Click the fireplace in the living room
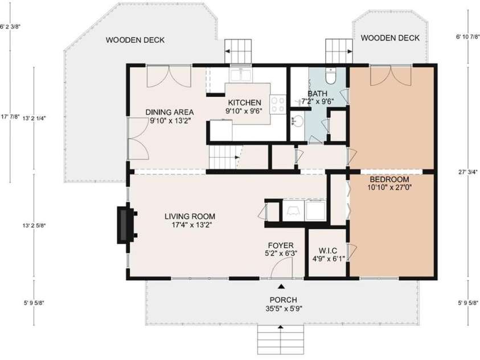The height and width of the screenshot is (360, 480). coord(124,225)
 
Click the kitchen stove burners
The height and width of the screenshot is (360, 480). coord(277,104)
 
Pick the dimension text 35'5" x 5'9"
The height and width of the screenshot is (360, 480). coord(280,308)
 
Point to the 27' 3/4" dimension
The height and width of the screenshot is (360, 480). coord(466,173)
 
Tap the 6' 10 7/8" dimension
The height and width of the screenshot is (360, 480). coord(467,37)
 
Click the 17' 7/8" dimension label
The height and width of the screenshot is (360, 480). coord(10,116)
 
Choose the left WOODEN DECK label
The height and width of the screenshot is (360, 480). coord(135,40)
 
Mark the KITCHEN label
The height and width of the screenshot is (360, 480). coord(245,103)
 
